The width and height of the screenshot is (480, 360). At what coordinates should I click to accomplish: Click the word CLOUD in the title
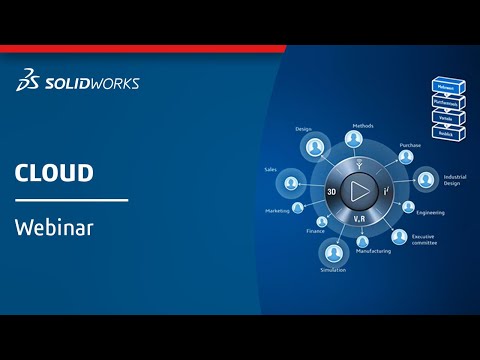[54, 173]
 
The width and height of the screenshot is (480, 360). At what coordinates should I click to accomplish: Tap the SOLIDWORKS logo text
[86, 83]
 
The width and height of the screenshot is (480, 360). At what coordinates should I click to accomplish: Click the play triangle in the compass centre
[356, 190]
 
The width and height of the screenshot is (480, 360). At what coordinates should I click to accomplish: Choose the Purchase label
[410, 146]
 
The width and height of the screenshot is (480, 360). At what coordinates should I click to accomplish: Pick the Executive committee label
[424, 239]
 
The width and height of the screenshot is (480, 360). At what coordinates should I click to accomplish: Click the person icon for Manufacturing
[360, 241]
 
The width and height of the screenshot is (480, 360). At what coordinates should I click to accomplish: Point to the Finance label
[315, 231]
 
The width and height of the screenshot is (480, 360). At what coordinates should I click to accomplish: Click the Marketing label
[277, 211]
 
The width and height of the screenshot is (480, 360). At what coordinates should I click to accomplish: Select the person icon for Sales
[292, 184]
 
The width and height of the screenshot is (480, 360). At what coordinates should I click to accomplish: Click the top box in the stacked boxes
[443, 87]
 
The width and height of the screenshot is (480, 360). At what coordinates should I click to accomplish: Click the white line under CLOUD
[71, 200]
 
